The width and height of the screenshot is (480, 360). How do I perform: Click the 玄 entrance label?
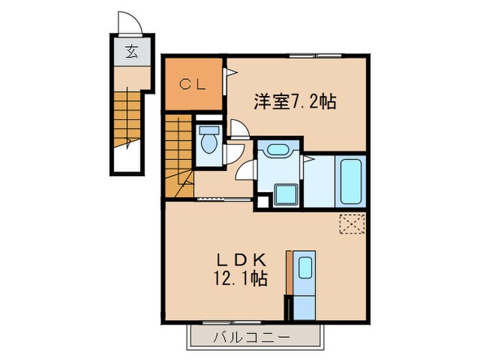130,51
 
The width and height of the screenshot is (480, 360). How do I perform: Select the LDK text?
236,261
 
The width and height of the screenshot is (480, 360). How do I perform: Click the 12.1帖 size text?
237,279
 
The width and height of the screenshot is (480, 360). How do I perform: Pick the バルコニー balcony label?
251,337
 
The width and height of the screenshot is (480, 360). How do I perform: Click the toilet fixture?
208,142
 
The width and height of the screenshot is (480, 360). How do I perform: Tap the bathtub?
350,180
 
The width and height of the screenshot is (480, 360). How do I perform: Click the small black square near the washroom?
261,204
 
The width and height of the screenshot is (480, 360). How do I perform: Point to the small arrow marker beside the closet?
233,71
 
